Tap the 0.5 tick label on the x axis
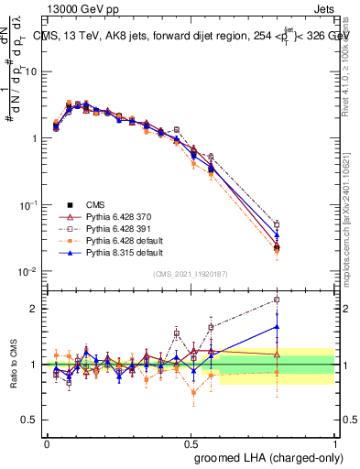pyautogui.click(x=191, y=441)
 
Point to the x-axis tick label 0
pyautogui.click(x=47, y=441)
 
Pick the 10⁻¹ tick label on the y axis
pyautogui.click(x=29, y=205)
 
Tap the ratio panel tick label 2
pyautogui.click(x=35, y=308)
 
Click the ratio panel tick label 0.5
pyautogui.click(x=31, y=420)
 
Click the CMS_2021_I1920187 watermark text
pyautogui.click(x=191, y=274)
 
